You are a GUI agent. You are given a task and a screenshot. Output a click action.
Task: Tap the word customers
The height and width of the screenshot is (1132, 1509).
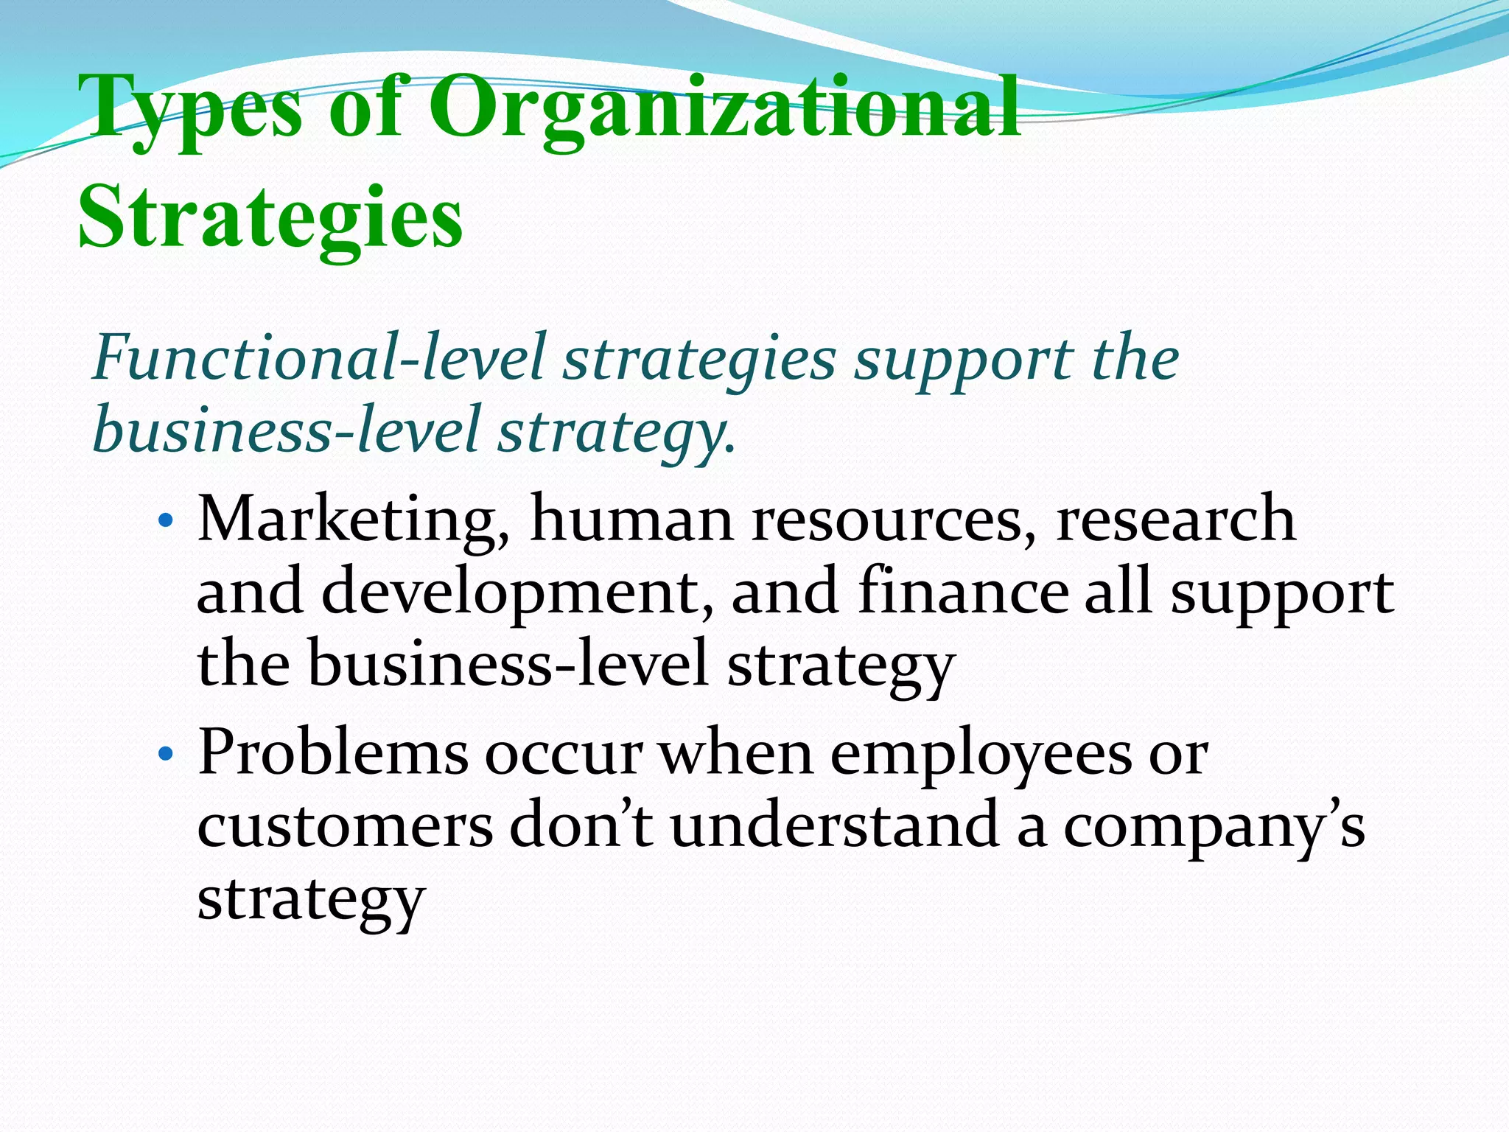pos(345,825)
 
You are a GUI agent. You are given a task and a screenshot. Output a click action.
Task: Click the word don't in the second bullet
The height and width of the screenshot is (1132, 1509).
pos(581,825)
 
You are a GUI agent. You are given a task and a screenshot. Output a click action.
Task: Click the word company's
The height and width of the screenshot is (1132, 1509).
pos(1214,825)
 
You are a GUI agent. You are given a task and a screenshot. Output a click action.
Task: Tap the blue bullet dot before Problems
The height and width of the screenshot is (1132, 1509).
pos(166,755)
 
